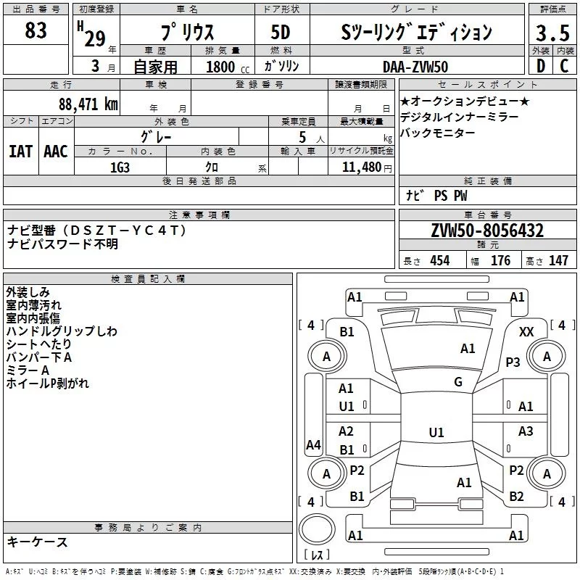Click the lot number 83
pos(36,30)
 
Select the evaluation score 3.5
pos(552,33)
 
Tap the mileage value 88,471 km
pos(88,104)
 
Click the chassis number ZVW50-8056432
pos(487,231)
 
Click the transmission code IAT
pos(20,151)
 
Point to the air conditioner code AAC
pos(56,151)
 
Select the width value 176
pos(500,260)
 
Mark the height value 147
pos(558,260)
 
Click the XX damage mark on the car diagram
pos(527,331)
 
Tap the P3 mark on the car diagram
pos(513,362)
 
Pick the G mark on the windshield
pos(457,382)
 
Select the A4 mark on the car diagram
pos(313,444)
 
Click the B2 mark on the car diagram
pos(516,497)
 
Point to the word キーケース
pos(37,542)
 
